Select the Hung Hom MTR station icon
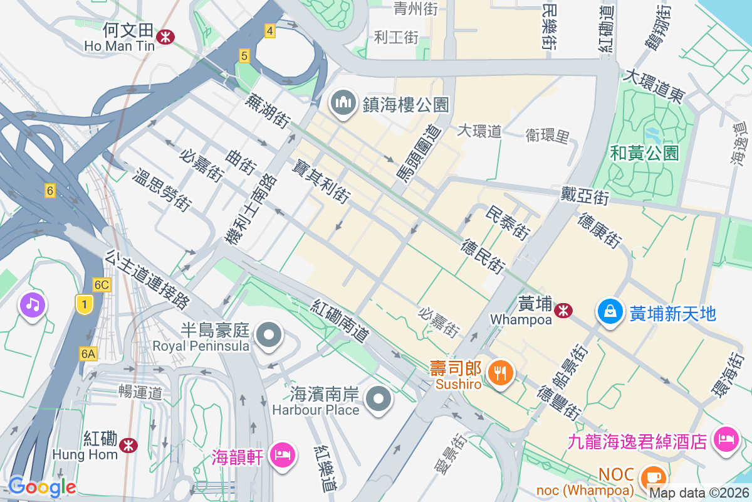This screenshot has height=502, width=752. [x=130, y=444]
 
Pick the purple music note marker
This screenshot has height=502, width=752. [x=33, y=305]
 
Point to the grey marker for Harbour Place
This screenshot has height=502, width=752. [x=379, y=400]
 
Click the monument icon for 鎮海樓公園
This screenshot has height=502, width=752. [x=343, y=104]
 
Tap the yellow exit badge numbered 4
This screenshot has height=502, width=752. [x=270, y=31]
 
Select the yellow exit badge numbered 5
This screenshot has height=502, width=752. [x=244, y=56]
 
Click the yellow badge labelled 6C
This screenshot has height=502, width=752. [x=102, y=285]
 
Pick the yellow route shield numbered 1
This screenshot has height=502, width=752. [x=83, y=304]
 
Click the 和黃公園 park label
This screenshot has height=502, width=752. [x=645, y=152]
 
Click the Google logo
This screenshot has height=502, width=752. [x=42, y=486]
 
